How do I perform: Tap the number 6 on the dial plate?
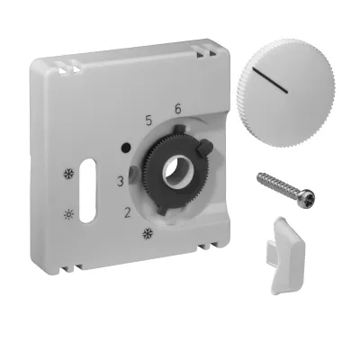tap(178, 109)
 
